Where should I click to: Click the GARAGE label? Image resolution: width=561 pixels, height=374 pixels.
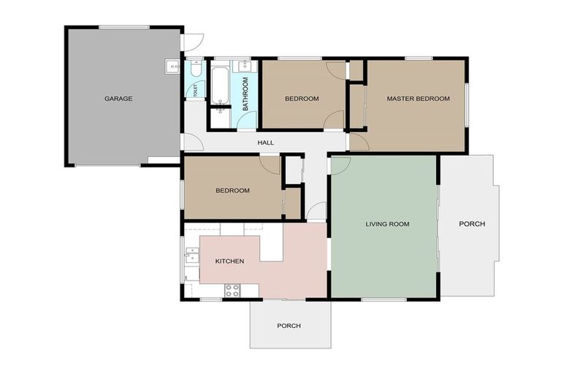click(x=118, y=99)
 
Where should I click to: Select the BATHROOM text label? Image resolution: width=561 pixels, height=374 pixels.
click(x=245, y=93)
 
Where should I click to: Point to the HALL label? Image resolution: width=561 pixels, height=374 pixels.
click(x=265, y=142)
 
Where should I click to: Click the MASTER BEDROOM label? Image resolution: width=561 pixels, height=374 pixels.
click(x=418, y=99)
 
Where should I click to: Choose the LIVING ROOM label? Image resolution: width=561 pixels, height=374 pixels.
click(x=387, y=224)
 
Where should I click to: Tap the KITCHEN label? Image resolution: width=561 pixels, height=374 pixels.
click(x=229, y=261)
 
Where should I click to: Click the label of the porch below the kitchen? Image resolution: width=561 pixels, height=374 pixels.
click(x=289, y=326)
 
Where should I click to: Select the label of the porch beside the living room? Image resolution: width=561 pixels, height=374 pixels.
click(x=471, y=224)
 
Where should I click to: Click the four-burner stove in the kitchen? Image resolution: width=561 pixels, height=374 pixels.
click(x=232, y=290)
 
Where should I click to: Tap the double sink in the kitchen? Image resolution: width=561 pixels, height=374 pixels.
click(x=191, y=256)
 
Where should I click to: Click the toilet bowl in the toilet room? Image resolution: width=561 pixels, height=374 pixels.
click(x=194, y=69)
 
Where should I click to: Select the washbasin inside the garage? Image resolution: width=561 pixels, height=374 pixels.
click(x=173, y=66)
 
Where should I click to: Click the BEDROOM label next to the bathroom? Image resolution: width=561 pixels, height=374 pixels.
click(x=302, y=99)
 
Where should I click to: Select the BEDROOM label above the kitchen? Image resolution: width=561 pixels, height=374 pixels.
click(x=232, y=191)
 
